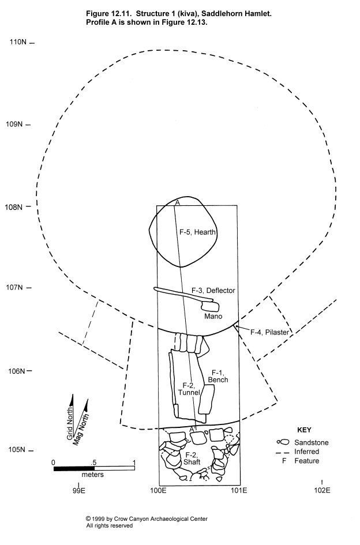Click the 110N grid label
point(18,42)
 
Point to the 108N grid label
point(14,207)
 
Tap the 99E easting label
point(79,490)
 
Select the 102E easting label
point(322,490)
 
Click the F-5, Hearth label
point(197,232)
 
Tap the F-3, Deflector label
point(213,291)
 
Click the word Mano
point(213,316)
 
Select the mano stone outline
point(210,306)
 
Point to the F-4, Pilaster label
point(270,332)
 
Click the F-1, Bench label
point(218,377)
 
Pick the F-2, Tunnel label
point(189,389)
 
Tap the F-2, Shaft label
point(192,458)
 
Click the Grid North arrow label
point(70,423)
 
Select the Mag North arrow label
point(81,430)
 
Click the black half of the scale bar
point(74,469)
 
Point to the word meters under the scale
point(92,475)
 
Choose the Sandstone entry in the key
point(312,442)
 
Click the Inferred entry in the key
point(306,452)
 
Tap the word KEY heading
point(304,430)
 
